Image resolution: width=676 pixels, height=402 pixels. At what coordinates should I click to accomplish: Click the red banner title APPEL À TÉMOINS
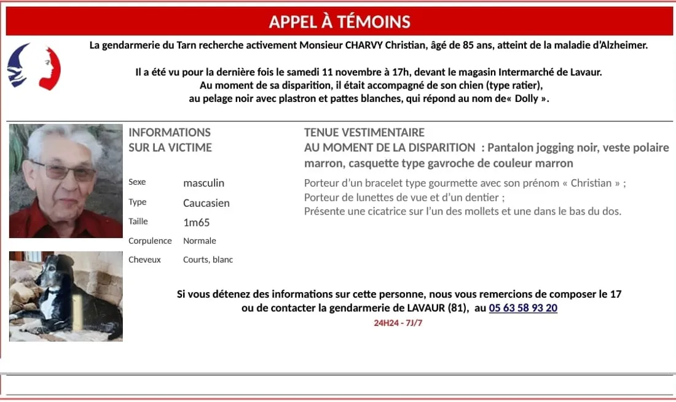pos(339,22)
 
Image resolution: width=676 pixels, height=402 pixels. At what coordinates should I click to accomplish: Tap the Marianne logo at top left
pos(34,66)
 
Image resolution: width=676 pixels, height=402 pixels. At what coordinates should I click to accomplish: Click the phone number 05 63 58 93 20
pos(523,308)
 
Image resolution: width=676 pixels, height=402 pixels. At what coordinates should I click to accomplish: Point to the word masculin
pos(203,183)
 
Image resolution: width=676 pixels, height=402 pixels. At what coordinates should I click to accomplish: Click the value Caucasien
pos(206,203)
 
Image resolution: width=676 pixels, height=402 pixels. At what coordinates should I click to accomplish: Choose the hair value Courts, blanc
pos(208,260)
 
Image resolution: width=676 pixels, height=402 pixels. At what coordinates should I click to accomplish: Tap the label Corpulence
pos(150,241)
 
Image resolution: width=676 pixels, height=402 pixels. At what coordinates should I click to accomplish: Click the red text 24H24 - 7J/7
pos(398,323)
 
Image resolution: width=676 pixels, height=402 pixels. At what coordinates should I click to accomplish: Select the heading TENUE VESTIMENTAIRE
pos(364,133)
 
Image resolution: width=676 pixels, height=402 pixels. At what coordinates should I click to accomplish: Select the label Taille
pos(138,222)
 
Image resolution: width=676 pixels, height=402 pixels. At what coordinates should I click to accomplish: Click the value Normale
pos(199,241)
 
